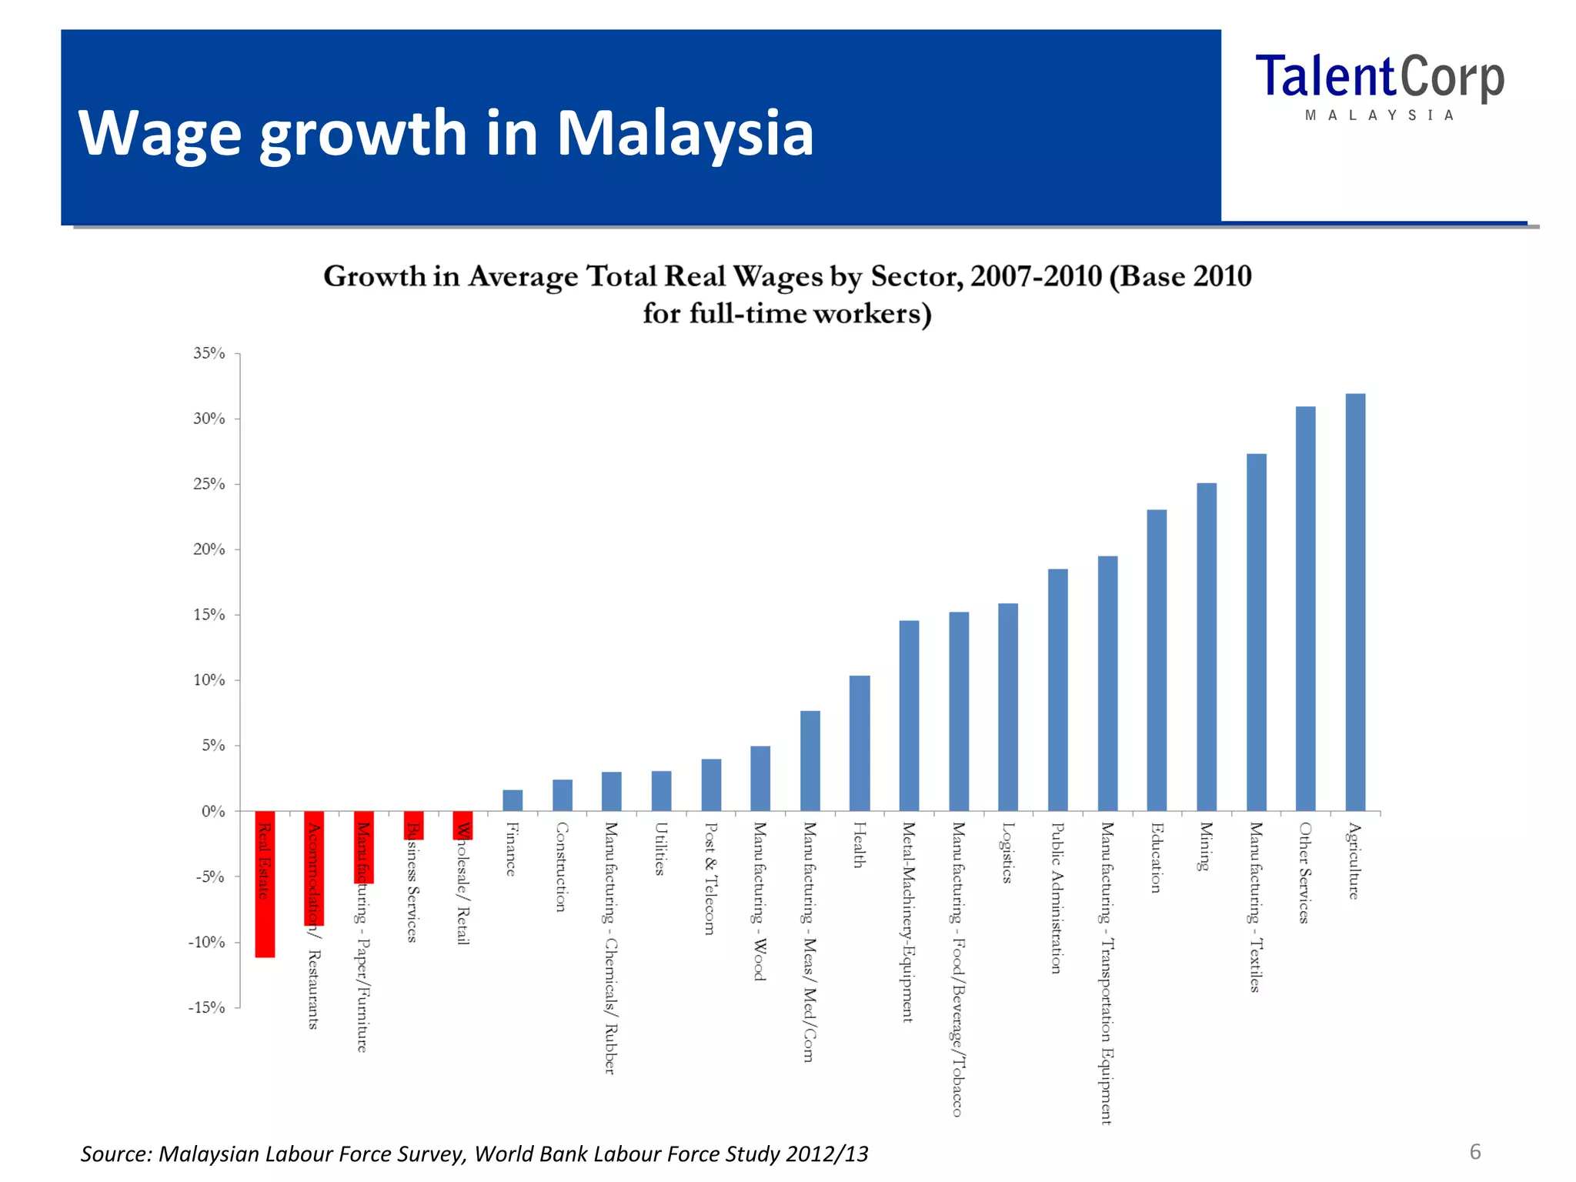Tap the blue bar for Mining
(1207, 646)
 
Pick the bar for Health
(860, 743)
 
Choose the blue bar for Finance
(513, 800)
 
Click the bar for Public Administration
(1058, 689)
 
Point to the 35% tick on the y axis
(209, 353)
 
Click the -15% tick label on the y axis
(207, 1007)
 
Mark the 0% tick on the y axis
(213, 811)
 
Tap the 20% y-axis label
(209, 549)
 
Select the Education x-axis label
(1156, 857)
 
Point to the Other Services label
(1304, 872)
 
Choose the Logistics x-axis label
(1007, 853)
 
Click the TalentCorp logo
(1379, 85)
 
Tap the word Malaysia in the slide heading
(684, 133)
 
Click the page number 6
(1475, 1151)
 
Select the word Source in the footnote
(115, 1154)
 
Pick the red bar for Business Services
(414, 825)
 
